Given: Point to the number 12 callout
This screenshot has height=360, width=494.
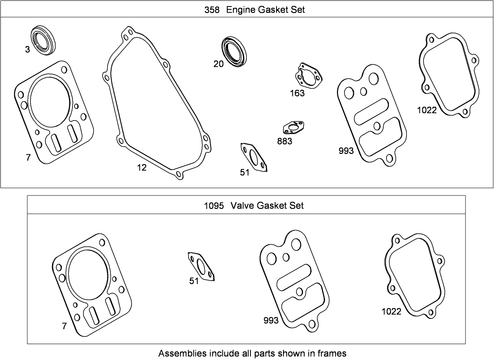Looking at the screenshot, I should click(141, 168).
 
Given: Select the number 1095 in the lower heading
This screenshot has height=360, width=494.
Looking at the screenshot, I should click(214, 206).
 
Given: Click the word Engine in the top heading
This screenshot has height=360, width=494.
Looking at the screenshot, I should click(241, 10).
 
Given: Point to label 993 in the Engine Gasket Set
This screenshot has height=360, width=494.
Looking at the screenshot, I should click(346, 151).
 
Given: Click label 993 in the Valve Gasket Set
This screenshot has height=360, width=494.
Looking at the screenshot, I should click(271, 320).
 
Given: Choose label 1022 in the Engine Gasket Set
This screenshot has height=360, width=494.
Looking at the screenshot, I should click(426, 110).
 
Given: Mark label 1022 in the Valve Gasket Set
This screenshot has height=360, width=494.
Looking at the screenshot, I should click(391, 312).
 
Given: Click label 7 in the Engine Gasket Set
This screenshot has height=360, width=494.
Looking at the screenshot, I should click(28, 158).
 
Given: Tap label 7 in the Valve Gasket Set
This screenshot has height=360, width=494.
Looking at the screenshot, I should click(64, 326).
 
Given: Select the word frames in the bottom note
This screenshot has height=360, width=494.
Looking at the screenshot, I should click(333, 353).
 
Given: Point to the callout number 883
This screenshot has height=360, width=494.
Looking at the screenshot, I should click(284, 141).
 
